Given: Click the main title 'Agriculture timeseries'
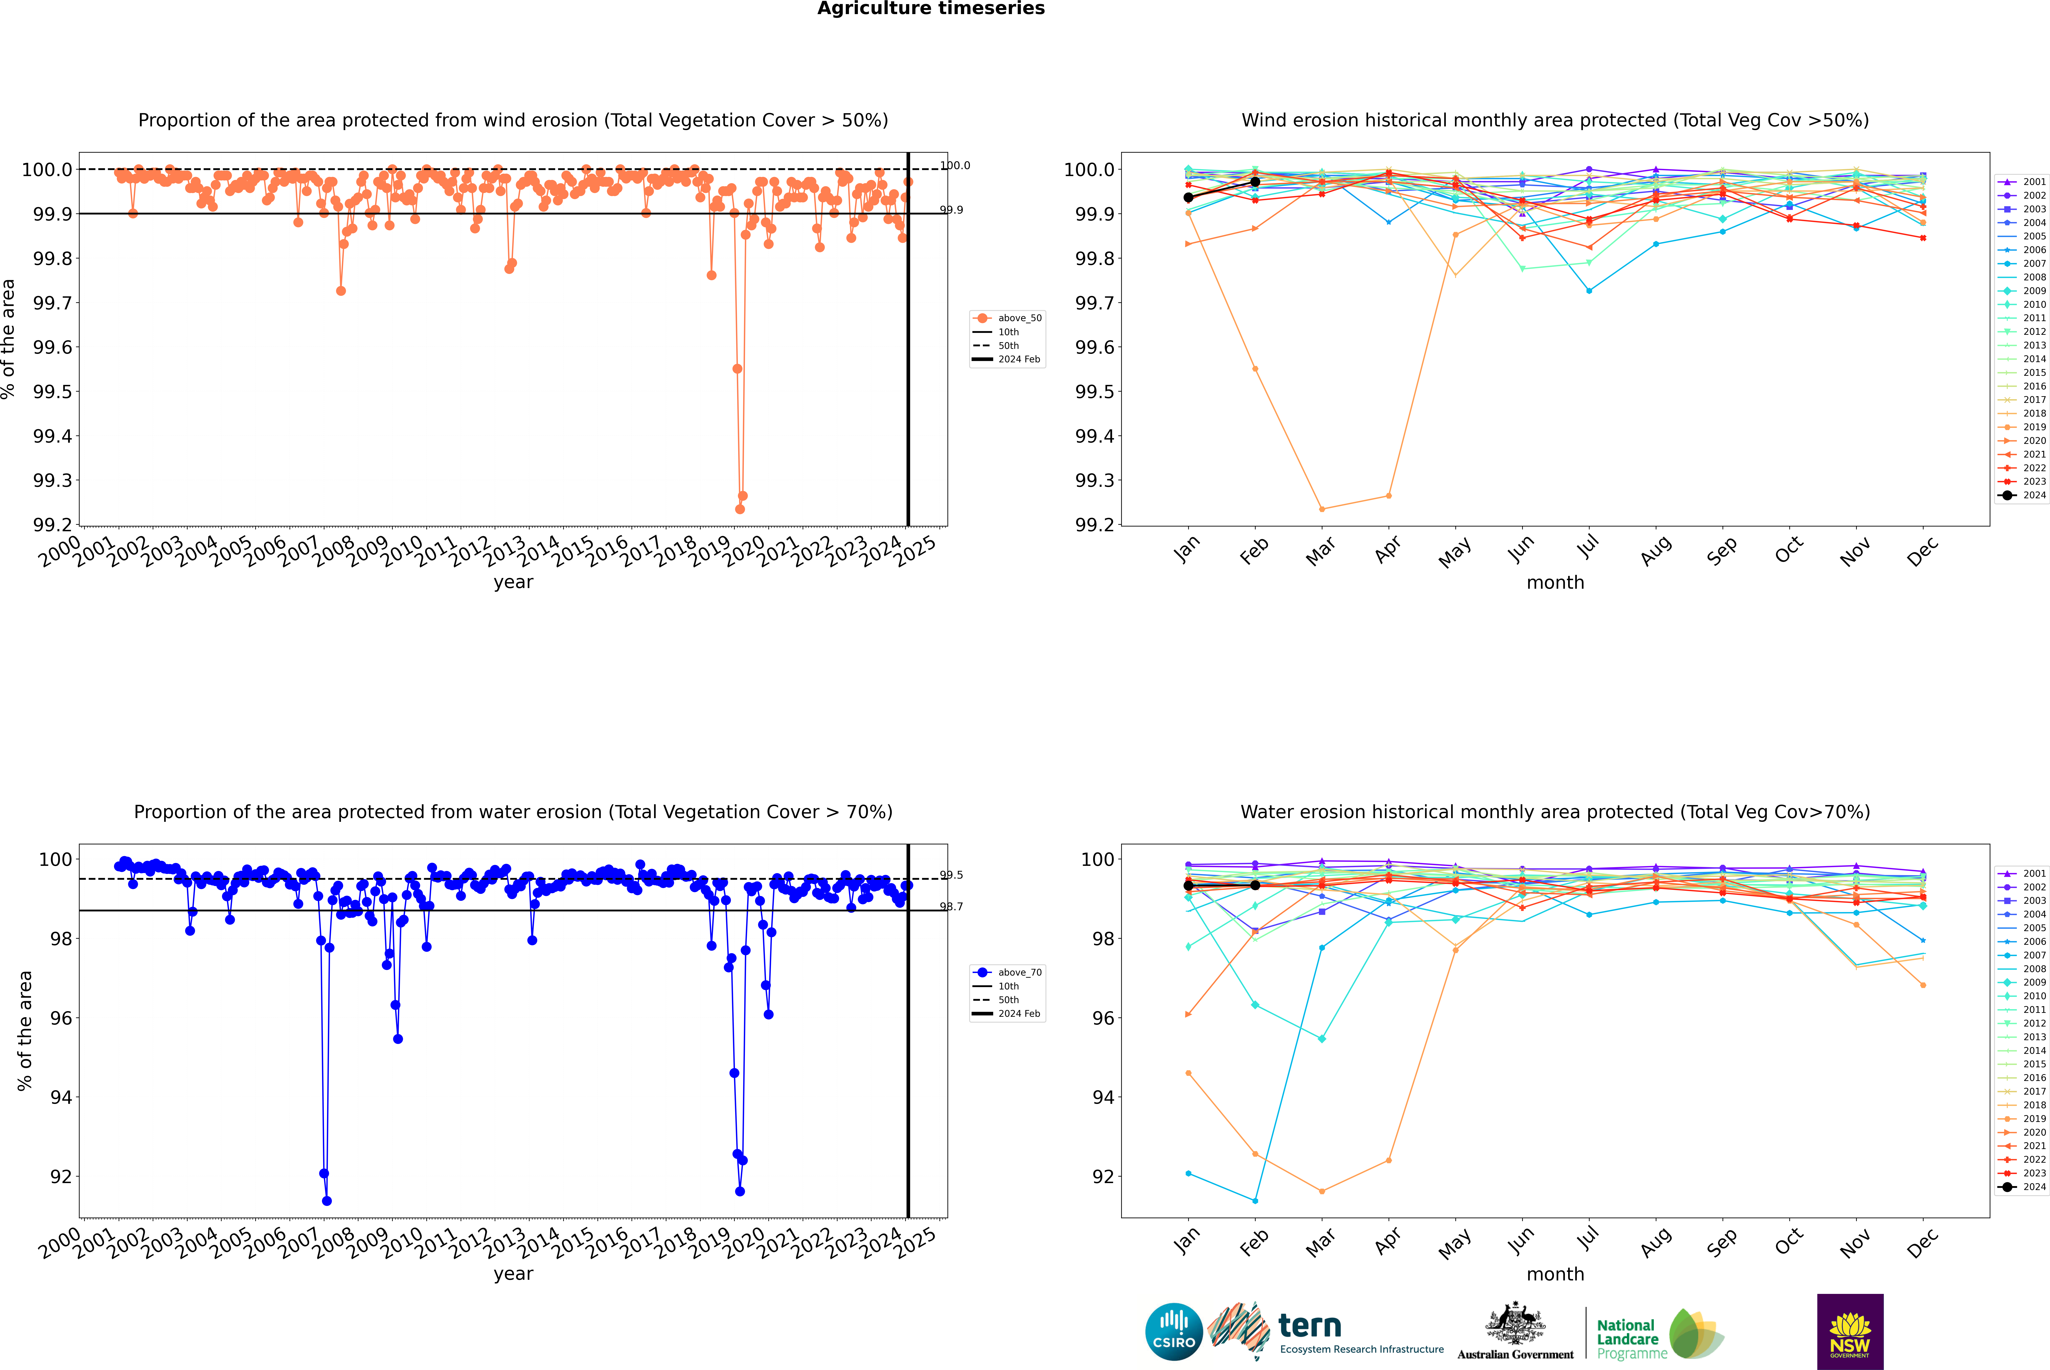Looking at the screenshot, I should coord(931,9).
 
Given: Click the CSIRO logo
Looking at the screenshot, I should coord(1174,1332).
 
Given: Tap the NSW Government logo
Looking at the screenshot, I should coord(1850,1332).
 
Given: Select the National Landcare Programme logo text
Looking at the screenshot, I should coord(1627,1339).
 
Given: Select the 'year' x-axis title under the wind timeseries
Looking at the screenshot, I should coord(513,582).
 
